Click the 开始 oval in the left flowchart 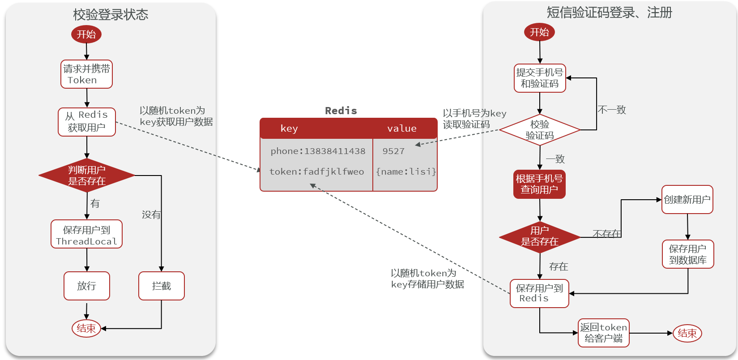pyautogui.click(x=86, y=34)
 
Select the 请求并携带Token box pyautogui.click(x=86, y=74)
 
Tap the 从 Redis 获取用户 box pyautogui.click(x=87, y=122)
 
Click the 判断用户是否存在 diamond pyautogui.click(x=87, y=176)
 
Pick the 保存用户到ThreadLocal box pyautogui.click(x=86, y=234)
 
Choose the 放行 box pyautogui.click(x=87, y=286)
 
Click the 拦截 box pyautogui.click(x=162, y=286)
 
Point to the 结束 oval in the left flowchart pyautogui.click(x=86, y=328)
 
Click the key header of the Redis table pyautogui.click(x=289, y=129)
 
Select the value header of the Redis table pyautogui.click(x=402, y=129)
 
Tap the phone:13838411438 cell pyautogui.click(x=318, y=151)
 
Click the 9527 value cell pyautogui.click(x=393, y=151)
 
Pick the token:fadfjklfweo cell pyautogui.click(x=317, y=171)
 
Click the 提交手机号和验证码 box pyautogui.click(x=540, y=78)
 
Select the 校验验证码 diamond pyautogui.click(x=540, y=130)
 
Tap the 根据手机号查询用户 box pyautogui.click(x=539, y=184)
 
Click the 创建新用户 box pyautogui.click(x=687, y=200)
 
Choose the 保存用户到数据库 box pyautogui.click(x=688, y=254)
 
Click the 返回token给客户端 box pyautogui.click(x=604, y=333)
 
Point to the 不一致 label pyautogui.click(x=612, y=110)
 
